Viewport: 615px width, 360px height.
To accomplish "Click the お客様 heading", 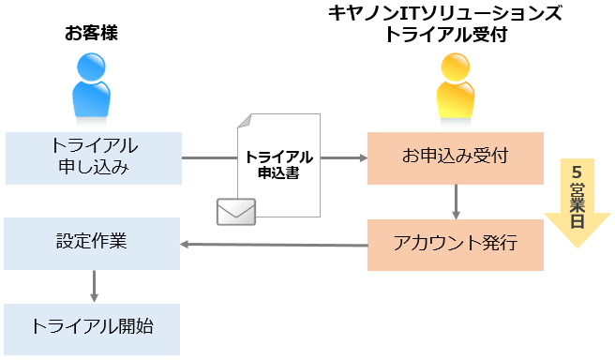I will [x=92, y=35].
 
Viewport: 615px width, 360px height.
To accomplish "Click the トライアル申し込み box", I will [x=92, y=157].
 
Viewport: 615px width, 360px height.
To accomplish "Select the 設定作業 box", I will [x=92, y=244].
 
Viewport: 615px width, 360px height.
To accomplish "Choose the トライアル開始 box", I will [x=92, y=328].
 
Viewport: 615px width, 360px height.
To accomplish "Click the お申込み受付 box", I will [x=455, y=157].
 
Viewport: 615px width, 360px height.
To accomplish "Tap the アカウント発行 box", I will [x=455, y=245].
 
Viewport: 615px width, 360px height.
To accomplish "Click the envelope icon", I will [x=236, y=212].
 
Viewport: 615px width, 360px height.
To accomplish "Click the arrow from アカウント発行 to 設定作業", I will [x=273, y=246].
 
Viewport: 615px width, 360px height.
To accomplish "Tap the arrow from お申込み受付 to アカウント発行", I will [x=456, y=201].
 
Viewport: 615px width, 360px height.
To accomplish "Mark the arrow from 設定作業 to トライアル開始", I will [x=94, y=286].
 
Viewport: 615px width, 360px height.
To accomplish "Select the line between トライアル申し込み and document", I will [x=208, y=157].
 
